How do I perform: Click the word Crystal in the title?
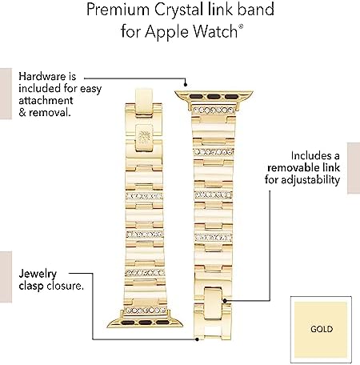pos(178,10)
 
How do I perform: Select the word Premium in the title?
pos(118,10)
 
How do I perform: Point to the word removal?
pos(50,113)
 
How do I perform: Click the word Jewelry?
pos(38,275)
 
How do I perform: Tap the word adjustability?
pos(310,180)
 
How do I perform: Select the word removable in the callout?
pos(291,168)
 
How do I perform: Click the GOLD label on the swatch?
pos(322,329)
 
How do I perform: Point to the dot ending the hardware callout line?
pos(186,85)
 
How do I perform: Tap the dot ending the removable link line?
pos(225,301)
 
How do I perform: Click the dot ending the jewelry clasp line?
pos(197,339)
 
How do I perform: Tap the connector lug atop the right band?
pos(214,96)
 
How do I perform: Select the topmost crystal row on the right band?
pos(214,110)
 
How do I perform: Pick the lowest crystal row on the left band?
pos(146,311)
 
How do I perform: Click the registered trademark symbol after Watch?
pos(241,26)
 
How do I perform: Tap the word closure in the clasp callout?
pos(65,286)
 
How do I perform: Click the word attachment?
pos(46,101)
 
